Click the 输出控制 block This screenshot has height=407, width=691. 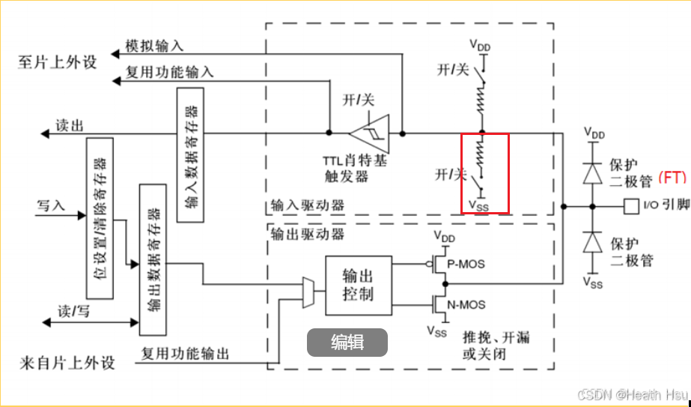pos(357,285)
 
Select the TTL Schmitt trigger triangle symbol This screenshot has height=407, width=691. pos(372,134)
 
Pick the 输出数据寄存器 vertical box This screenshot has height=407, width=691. pos(151,259)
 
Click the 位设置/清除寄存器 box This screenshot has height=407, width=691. pos(100,218)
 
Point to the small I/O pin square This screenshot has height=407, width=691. pos(630,205)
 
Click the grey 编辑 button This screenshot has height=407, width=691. pos(347,343)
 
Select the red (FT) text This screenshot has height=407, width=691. pos(672,178)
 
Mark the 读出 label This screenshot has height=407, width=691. pos(70,125)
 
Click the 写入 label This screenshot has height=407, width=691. pos(51,205)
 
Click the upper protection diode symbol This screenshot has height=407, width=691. pos(592,172)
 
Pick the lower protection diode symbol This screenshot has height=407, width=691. pos(592,241)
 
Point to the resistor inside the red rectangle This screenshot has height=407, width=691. pos(481,153)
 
